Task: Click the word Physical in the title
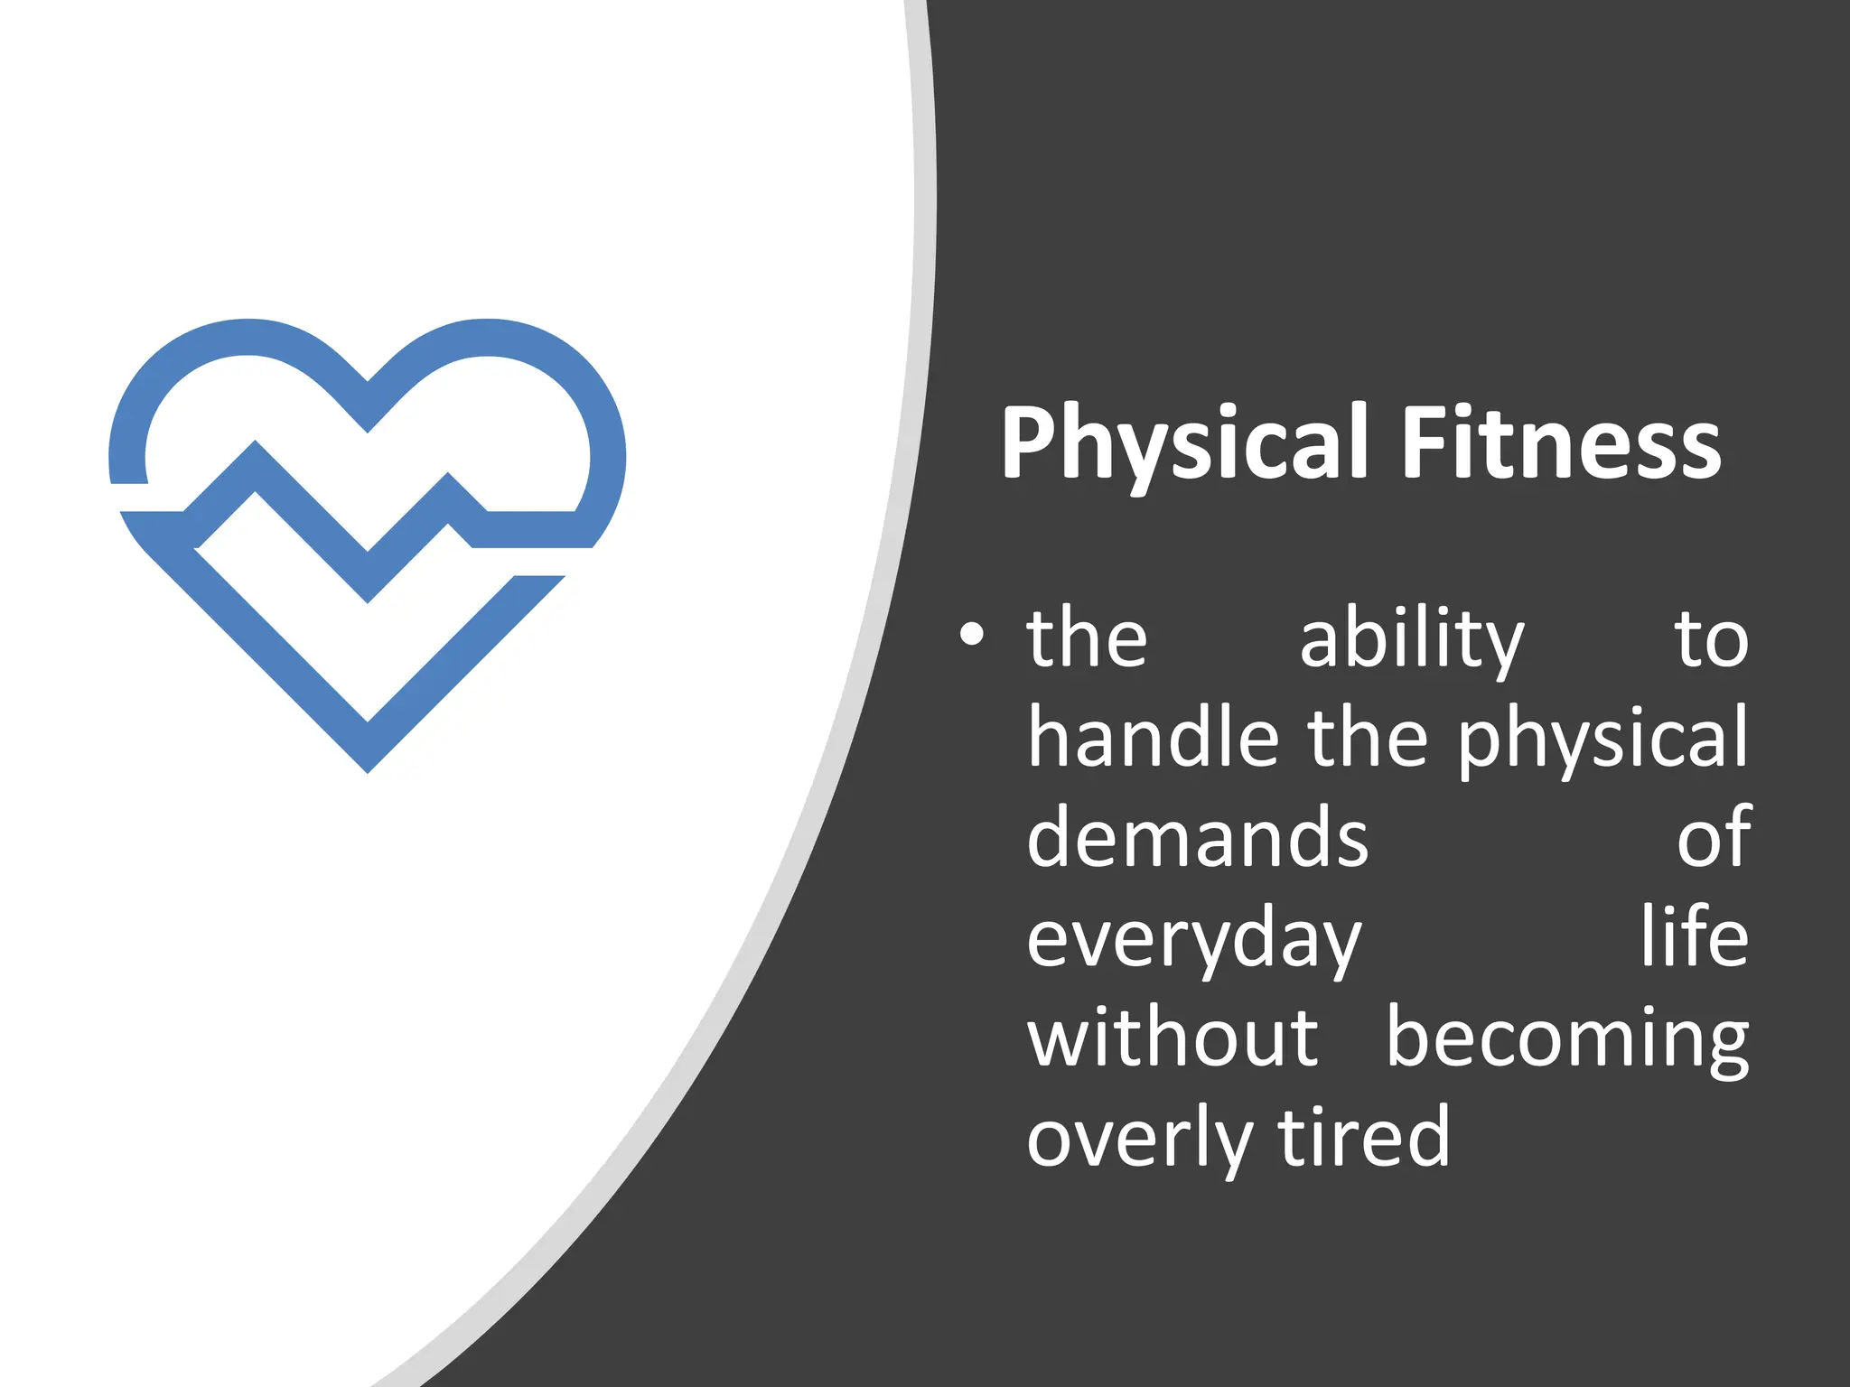click(1184, 444)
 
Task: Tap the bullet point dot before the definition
click(971, 635)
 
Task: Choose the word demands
click(1197, 837)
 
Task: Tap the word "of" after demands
click(1714, 837)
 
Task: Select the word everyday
click(1193, 940)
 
